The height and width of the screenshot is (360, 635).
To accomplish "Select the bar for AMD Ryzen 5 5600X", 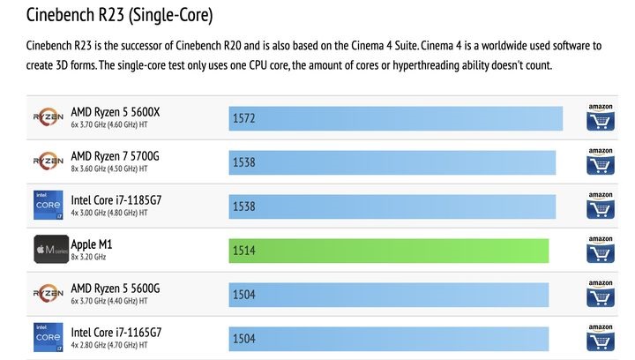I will (x=395, y=118).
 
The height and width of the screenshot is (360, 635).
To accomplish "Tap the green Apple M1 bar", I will (x=388, y=251).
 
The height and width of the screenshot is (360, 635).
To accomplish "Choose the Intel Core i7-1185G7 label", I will (x=128, y=200).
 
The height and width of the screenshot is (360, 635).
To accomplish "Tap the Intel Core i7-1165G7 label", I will (x=128, y=333).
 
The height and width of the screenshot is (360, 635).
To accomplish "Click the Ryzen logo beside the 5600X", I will (x=47, y=117).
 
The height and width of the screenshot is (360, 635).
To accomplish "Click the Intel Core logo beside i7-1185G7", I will (x=47, y=206).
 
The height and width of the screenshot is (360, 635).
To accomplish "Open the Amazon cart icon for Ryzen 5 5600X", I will (x=600, y=118).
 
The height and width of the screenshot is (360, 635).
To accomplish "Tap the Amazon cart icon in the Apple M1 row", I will (x=600, y=251).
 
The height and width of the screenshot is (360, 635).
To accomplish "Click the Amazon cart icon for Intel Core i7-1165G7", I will (x=600, y=338).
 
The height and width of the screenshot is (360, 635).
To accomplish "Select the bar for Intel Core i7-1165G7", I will (x=388, y=339).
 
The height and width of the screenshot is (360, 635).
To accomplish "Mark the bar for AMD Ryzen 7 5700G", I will (x=392, y=162).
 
